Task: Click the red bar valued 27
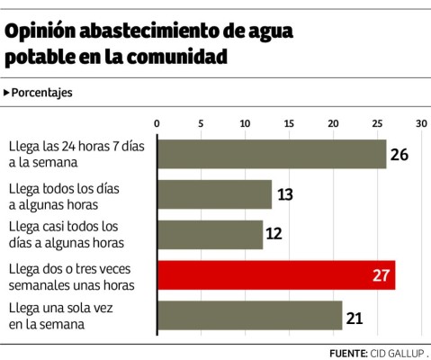(276, 275)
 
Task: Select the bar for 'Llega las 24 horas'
(272, 154)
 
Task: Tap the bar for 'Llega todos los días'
(214, 194)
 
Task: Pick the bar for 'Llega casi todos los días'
(210, 235)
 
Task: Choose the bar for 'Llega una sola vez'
(249, 315)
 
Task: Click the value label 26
(400, 155)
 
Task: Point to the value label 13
(285, 195)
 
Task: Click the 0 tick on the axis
(157, 123)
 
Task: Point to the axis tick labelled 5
(201, 123)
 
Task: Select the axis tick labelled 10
(245, 123)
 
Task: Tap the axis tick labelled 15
(289, 123)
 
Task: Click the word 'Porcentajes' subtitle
(41, 93)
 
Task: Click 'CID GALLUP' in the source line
(397, 352)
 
